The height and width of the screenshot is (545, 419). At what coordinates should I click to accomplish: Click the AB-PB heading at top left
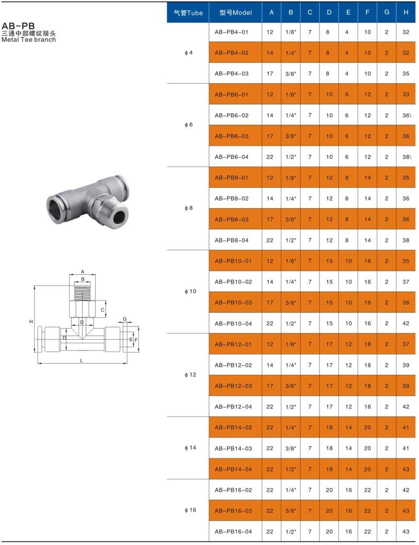18,26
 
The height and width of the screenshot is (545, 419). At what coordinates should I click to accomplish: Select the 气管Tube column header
188,13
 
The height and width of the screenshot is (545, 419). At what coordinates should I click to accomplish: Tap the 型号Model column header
235,13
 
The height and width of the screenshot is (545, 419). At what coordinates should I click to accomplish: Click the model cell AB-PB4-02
231,53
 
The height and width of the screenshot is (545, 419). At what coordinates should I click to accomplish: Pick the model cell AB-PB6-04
231,157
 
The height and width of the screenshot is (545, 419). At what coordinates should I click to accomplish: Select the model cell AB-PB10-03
233,302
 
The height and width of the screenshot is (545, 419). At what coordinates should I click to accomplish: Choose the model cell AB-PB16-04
233,531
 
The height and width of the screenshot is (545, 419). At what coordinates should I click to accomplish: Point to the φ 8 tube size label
189,208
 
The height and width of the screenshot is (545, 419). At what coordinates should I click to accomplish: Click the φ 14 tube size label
190,448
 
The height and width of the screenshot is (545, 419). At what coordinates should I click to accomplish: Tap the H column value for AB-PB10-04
406,323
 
